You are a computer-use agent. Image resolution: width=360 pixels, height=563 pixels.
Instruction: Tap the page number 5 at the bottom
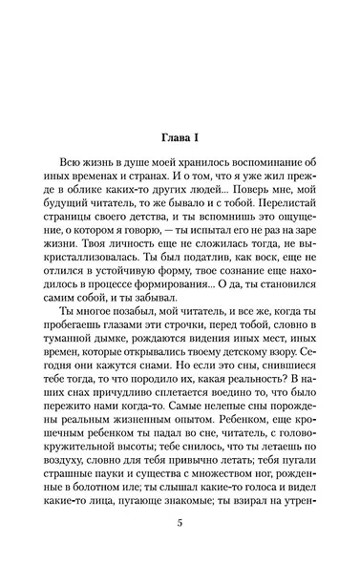pyautogui.click(x=180, y=523)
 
